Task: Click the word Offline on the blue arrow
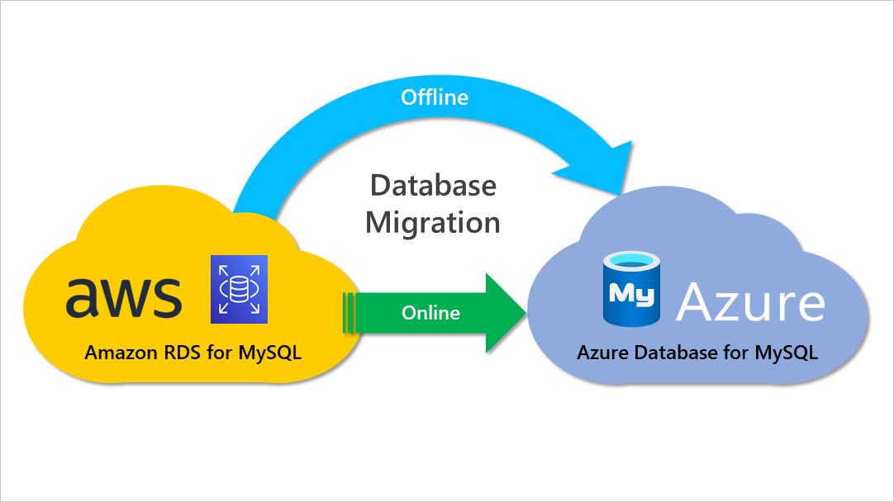pos(435,97)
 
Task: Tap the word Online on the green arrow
pos(430,313)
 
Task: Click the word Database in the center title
pos(433,185)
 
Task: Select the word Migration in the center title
pos(433,223)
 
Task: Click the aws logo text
pos(124,296)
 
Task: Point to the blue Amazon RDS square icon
pos(240,288)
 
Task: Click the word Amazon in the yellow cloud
pos(118,353)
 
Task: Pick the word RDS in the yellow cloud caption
pos(180,353)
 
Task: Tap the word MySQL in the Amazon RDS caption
pos(270,353)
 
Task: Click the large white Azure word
pos(750,302)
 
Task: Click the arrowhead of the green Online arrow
pos(506,312)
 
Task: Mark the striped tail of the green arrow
pos(349,313)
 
